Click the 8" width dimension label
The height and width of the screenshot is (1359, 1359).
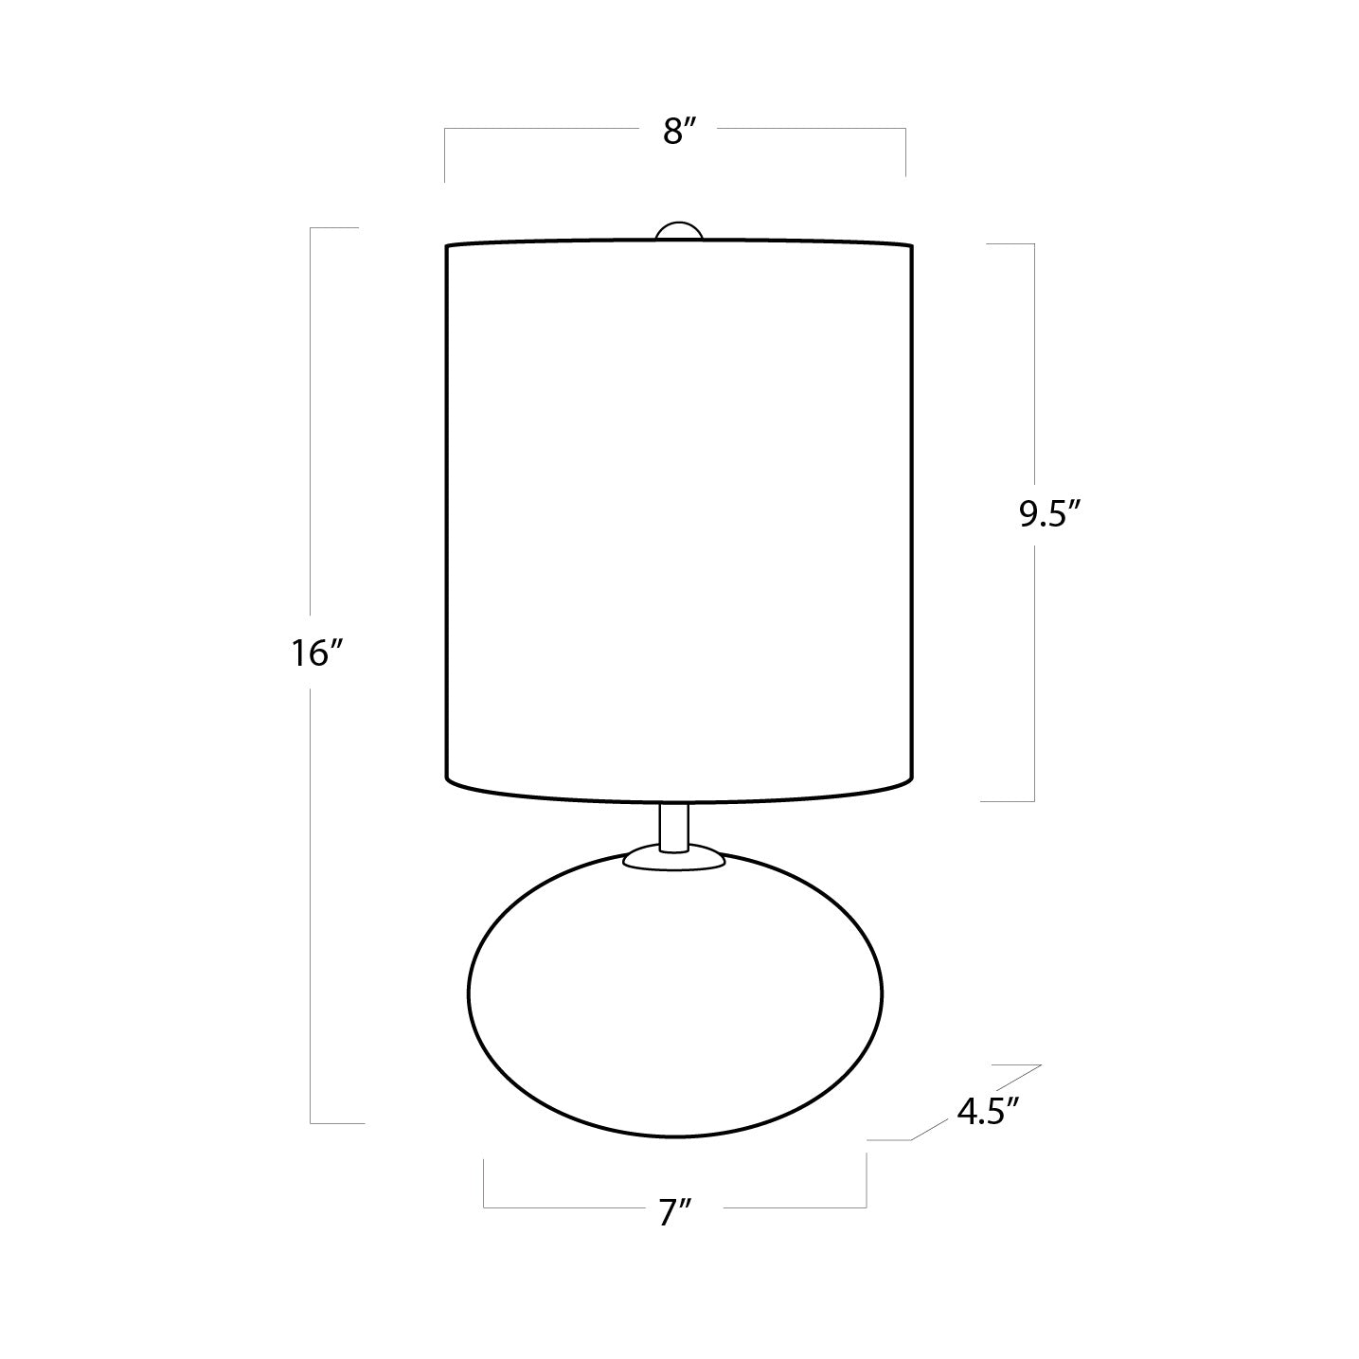pyautogui.click(x=679, y=131)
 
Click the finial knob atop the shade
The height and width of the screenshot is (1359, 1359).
pyautogui.click(x=679, y=231)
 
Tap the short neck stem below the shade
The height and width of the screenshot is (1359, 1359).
pyautogui.click(x=674, y=827)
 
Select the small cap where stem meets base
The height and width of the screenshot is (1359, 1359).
pyautogui.click(x=673, y=858)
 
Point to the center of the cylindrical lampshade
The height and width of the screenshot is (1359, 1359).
pyautogui.click(x=679, y=523)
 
